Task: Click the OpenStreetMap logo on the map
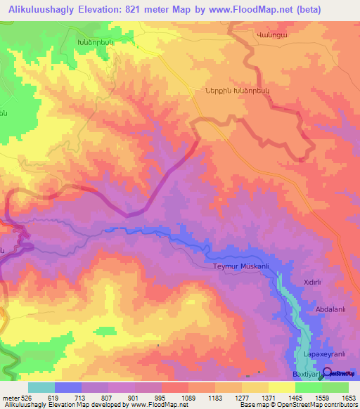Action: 341,373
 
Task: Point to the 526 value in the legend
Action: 28,398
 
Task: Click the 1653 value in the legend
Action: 349,398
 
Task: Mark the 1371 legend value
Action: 269,398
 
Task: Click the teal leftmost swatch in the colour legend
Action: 41,387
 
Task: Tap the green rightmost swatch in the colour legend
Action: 335,387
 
